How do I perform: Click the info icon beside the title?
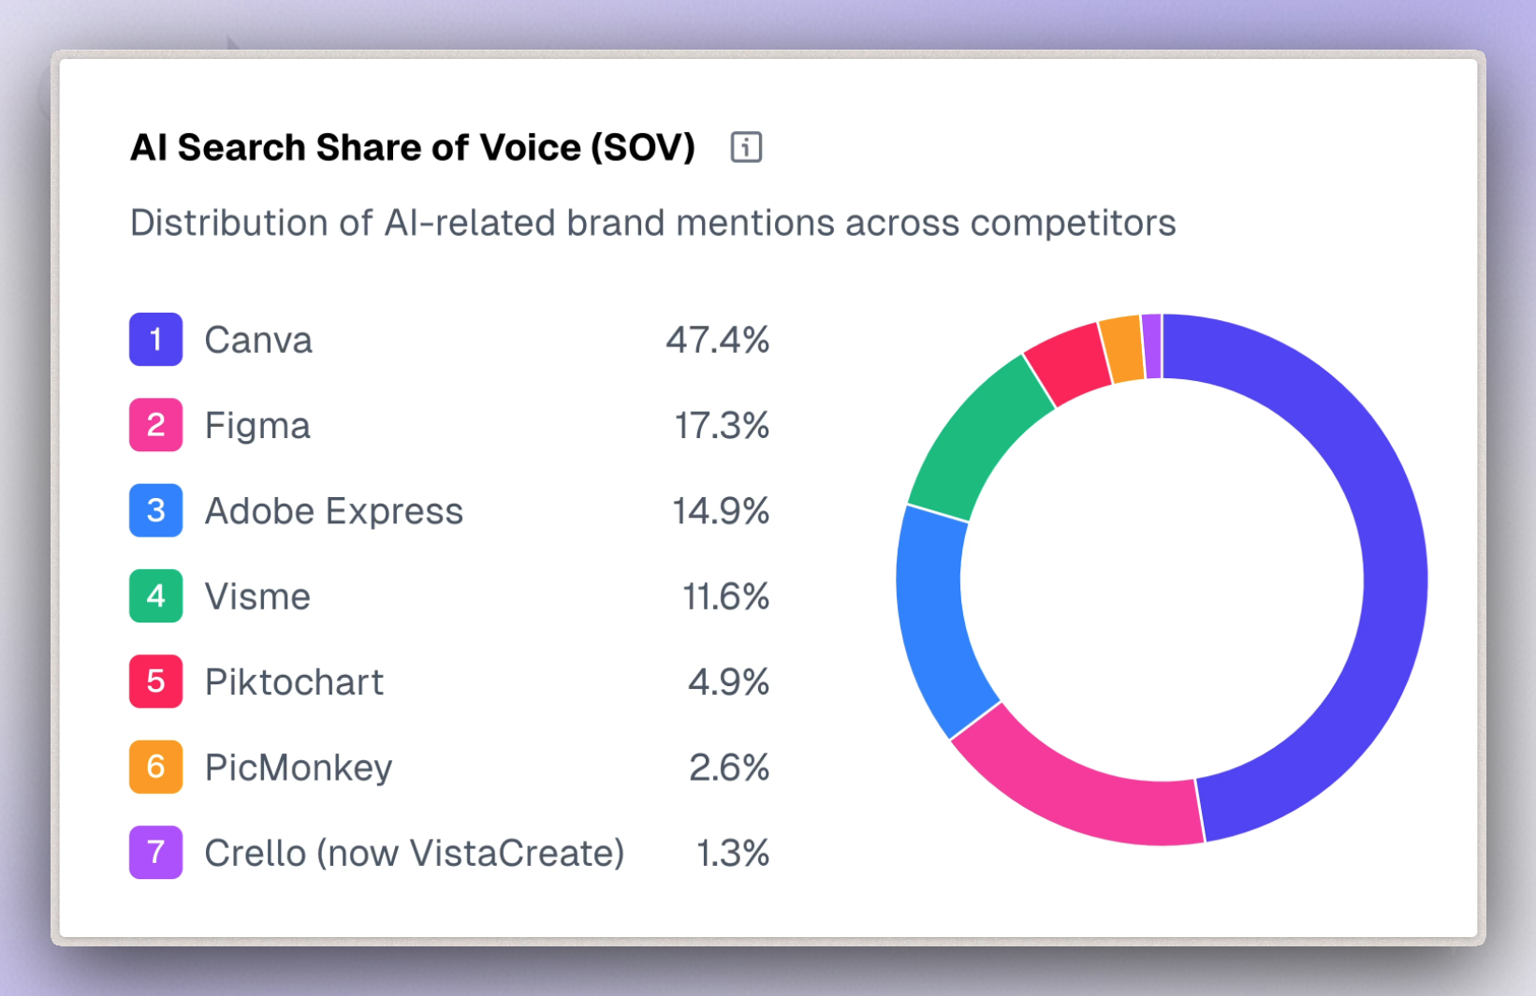pos(746,147)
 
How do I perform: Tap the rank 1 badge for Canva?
pos(155,339)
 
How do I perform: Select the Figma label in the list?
pos(257,425)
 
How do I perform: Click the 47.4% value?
pos(717,340)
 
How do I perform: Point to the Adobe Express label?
pos(333,511)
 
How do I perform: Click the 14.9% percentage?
pos(720,511)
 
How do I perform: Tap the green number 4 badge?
pos(155,596)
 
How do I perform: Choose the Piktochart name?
pos(294,682)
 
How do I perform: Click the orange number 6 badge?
pos(155,768)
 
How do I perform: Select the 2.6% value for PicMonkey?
pos(728,768)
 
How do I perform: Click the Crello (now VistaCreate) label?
pos(414,853)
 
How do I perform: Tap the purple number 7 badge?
pos(155,853)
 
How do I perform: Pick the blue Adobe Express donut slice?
pos(931,618)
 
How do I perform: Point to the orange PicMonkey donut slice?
pos(1121,349)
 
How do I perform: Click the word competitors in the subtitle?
pos(1073,223)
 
